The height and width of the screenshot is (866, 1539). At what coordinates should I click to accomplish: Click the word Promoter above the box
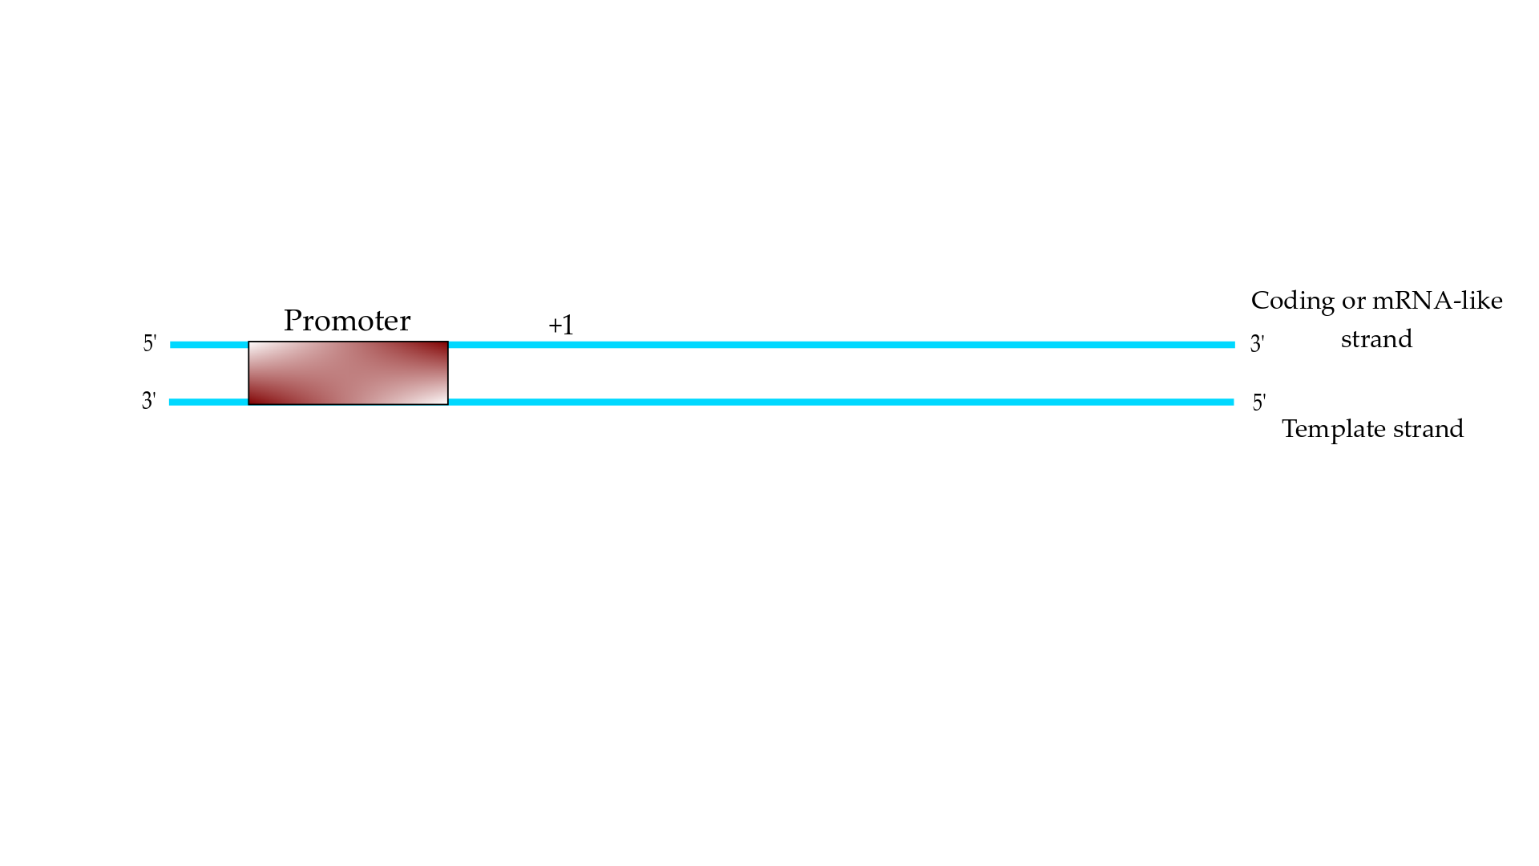click(x=347, y=321)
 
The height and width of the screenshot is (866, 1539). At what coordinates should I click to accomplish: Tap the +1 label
click(x=561, y=325)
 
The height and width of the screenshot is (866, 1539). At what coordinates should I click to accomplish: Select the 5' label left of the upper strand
click(x=150, y=343)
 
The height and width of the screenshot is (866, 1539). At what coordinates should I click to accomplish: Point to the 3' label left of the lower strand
click(x=149, y=400)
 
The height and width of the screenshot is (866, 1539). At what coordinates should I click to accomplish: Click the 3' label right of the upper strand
click(x=1258, y=343)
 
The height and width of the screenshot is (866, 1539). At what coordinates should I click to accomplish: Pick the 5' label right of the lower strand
click(x=1259, y=402)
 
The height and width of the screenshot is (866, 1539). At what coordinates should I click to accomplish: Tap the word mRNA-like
click(x=1437, y=301)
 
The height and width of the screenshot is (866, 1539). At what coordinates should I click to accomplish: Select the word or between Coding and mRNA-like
click(x=1354, y=302)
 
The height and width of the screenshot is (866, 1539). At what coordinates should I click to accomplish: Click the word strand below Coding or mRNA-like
click(x=1376, y=339)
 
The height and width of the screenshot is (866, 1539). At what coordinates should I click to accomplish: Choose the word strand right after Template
click(x=1428, y=429)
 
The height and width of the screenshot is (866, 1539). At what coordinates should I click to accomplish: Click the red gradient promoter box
click(x=348, y=373)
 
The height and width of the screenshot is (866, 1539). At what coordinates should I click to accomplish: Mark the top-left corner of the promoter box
click(x=248, y=342)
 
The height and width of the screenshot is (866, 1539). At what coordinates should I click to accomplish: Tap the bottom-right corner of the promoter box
click(x=448, y=405)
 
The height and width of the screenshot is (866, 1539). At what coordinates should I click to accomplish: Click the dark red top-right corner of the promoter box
click(x=446, y=344)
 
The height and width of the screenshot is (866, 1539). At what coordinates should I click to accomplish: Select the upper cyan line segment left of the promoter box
click(x=209, y=345)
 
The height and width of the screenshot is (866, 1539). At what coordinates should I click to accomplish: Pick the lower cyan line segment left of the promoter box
click(x=208, y=402)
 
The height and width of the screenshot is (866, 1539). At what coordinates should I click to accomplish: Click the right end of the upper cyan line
click(x=1234, y=345)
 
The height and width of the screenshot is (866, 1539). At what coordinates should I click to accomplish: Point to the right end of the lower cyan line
click(x=1234, y=402)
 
